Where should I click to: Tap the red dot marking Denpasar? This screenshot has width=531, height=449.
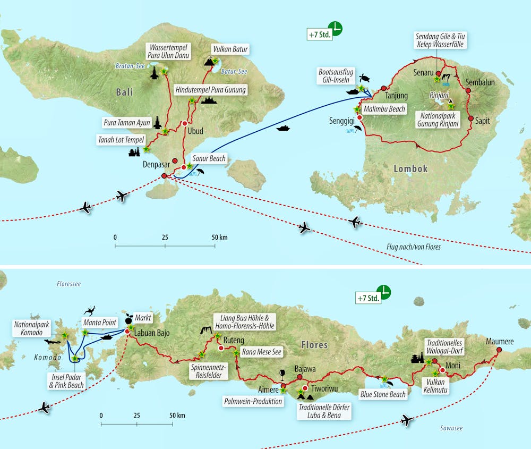(x=164, y=176)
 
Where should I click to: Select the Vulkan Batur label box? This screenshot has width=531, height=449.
(x=230, y=49)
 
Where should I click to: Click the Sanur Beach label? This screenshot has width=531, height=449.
(x=209, y=158)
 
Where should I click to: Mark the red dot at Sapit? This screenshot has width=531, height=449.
(x=470, y=118)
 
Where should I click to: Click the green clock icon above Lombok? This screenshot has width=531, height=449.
(x=335, y=28)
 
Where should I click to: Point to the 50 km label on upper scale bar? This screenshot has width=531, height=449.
(x=219, y=237)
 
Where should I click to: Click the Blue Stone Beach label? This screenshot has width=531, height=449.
(x=383, y=394)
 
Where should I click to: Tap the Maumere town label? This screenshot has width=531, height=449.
(x=500, y=342)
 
